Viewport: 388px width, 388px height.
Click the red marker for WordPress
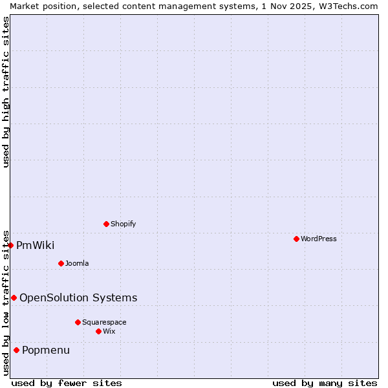[x=296, y=239]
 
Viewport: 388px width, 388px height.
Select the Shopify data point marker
[x=106, y=224]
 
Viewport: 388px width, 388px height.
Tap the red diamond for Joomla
[x=61, y=263]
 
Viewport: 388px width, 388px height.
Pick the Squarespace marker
[x=78, y=322]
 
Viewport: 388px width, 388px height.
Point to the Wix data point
[x=98, y=331]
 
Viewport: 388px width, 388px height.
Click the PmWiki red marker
[x=11, y=245]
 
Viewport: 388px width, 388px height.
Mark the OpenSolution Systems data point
[x=14, y=297]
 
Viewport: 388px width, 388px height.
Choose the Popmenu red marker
[x=16, y=350]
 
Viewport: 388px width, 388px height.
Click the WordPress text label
[x=319, y=239]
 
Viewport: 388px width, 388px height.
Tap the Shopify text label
[x=123, y=224]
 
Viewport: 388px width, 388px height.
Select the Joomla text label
[x=77, y=263]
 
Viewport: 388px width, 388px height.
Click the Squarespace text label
[x=104, y=322]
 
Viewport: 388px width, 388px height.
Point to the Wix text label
[x=109, y=331]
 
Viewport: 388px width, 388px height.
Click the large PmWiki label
[x=36, y=245]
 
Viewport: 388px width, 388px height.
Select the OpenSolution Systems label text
[x=78, y=297]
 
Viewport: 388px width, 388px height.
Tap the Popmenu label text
[x=46, y=350]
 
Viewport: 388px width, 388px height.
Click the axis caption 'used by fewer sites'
[x=67, y=383]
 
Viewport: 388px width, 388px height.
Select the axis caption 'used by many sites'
[x=325, y=383]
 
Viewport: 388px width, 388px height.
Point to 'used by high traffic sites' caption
[x=6, y=92]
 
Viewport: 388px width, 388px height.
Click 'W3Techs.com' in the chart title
[x=345, y=6]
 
